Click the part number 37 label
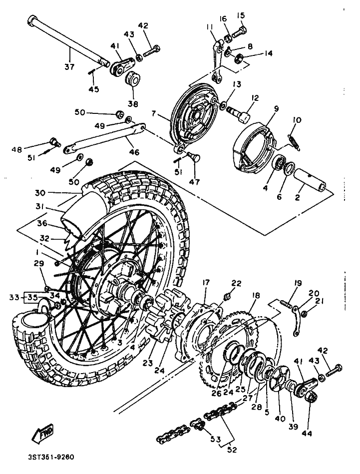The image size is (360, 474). click(x=69, y=66)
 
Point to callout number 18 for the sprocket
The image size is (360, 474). click(x=256, y=295)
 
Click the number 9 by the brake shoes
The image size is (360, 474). click(x=276, y=108)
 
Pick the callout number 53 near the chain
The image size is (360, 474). click(x=216, y=439)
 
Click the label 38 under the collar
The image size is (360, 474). click(x=133, y=104)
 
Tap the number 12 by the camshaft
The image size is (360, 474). click(x=255, y=98)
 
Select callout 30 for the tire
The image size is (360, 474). click(x=40, y=192)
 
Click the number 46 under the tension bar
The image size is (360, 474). click(x=134, y=152)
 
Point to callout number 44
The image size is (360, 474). click(x=307, y=434)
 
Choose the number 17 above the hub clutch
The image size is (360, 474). click(x=206, y=283)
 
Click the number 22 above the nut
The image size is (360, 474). click(x=236, y=283)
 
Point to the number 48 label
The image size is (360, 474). click(x=17, y=149)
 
